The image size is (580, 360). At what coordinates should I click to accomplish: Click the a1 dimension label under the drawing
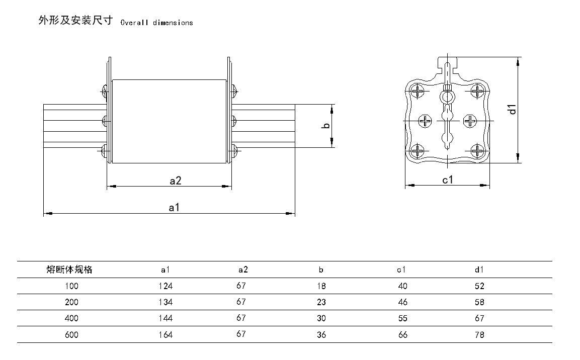tap(174, 207)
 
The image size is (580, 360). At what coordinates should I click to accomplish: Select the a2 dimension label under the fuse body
tap(175, 181)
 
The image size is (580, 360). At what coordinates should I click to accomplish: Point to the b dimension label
tap(326, 126)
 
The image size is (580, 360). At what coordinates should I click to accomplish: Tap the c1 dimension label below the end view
tap(448, 179)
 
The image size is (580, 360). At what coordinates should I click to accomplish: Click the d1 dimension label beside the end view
tap(513, 109)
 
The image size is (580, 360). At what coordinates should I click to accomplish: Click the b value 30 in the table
tap(321, 318)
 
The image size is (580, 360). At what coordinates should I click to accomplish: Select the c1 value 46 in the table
tap(402, 302)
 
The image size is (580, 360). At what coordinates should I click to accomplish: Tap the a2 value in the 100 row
tap(241, 286)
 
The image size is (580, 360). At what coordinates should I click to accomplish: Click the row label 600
tap(71, 334)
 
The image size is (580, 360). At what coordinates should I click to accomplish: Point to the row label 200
tap(71, 302)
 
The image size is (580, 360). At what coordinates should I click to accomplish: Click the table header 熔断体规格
tap(69, 269)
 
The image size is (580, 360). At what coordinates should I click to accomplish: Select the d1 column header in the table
tap(479, 269)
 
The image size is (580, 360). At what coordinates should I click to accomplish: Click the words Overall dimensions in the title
tap(156, 23)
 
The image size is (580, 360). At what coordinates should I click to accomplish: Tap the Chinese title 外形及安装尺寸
tap(75, 21)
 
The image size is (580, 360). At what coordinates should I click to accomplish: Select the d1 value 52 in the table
tap(479, 286)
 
